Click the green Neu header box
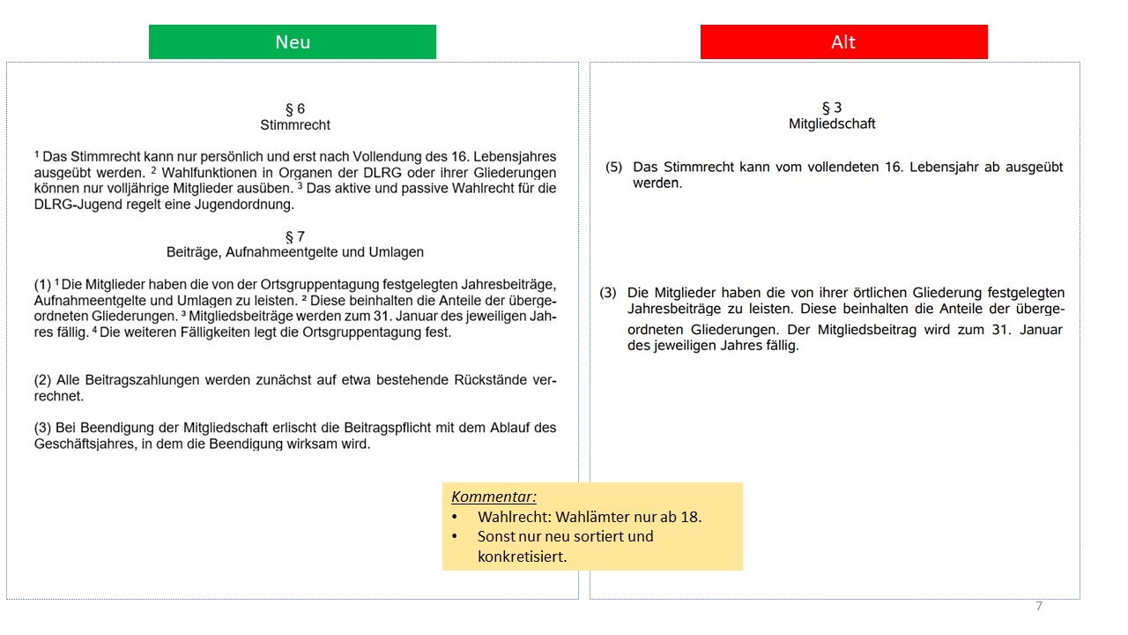[x=292, y=42]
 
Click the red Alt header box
[x=843, y=42]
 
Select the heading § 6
[x=295, y=109]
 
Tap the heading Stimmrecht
[x=295, y=125]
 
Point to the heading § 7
[x=295, y=236]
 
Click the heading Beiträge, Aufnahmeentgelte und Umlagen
[x=295, y=252]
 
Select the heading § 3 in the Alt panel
[x=832, y=108]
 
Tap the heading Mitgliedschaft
[x=832, y=124]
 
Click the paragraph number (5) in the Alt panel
[x=614, y=167]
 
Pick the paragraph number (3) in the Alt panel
[x=608, y=293]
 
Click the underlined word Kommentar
[x=493, y=497]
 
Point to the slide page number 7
[x=1039, y=607]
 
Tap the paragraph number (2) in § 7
[x=43, y=380]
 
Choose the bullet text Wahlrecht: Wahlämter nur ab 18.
[x=590, y=517]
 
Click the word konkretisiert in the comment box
[x=523, y=557]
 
